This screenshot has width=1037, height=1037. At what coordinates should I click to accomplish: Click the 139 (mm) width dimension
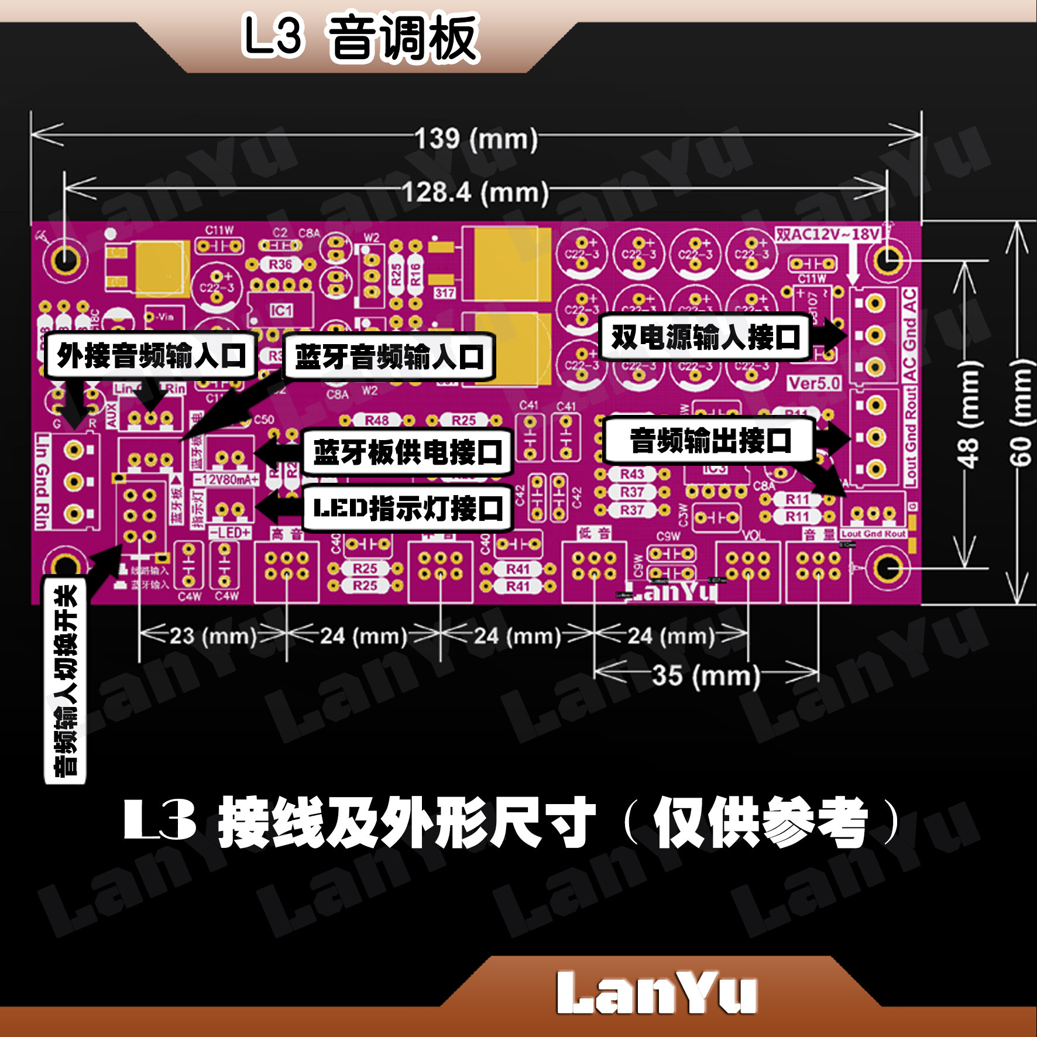pyautogui.click(x=476, y=139)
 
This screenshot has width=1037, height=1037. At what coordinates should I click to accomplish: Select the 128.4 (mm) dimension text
pyautogui.click(x=475, y=192)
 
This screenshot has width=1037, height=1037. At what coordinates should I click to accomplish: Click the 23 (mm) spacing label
pyautogui.click(x=213, y=636)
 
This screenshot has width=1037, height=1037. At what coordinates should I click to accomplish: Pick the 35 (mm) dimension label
pyautogui.click(x=706, y=675)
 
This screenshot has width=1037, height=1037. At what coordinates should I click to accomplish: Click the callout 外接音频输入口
pyautogui.click(x=151, y=355)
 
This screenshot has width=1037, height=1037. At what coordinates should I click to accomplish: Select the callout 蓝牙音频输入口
pyautogui.click(x=389, y=357)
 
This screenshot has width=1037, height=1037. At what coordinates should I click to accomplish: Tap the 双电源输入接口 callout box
pyautogui.click(x=705, y=337)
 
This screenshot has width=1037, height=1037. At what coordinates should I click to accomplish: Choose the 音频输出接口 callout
pyautogui.click(x=710, y=440)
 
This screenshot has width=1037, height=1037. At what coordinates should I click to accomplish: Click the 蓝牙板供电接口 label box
pyautogui.click(x=408, y=452)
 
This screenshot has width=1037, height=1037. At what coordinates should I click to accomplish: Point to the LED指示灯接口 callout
pyautogui.click(x=408, y=508)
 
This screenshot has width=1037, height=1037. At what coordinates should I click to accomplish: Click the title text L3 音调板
pyautogui.click(x=360, y=38)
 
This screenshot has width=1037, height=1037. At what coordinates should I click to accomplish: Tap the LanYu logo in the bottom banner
pyautogui.click(x=656, y=993)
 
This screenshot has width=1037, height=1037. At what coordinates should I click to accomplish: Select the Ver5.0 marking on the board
pyautogui.click(x=814, y=384)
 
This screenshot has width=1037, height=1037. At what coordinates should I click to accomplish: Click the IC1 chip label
pyautogui.click(x=281, y=310)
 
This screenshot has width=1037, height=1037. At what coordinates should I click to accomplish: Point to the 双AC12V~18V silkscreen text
pyautogui.click(x=827, y=235)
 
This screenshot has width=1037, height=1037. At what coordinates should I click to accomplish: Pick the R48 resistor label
pyautogui.click(x=377, y=420)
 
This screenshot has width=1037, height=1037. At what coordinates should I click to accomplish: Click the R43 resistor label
pyautogui.click(x=632, y=473)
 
